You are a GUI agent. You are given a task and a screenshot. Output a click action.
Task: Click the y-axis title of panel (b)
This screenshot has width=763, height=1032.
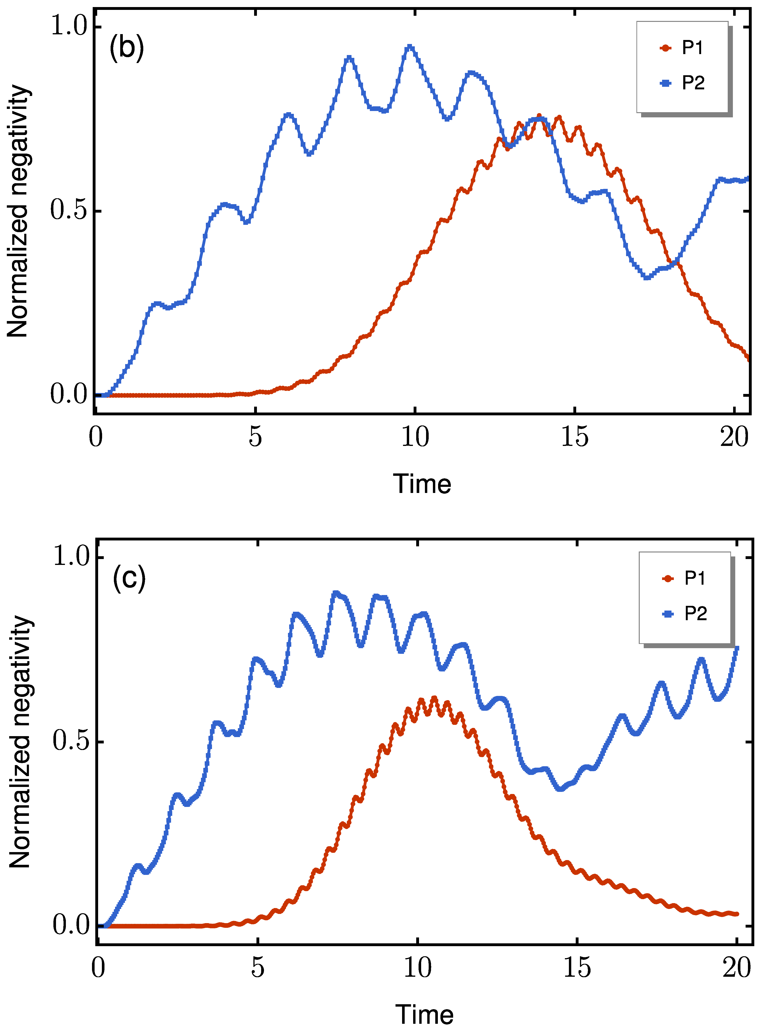pyautogui.click(x=19, y=211)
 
